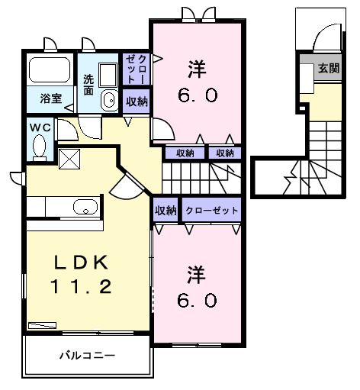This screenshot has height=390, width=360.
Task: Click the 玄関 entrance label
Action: pyautogui.click(x=329, y=68)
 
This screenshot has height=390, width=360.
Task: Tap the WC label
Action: pyautogui.click(x=40, y=127)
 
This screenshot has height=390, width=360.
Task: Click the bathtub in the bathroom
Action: pyautogui.click(x=50, y=69)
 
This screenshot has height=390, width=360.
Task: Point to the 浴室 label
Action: pyautogui.click(x=51, y=98)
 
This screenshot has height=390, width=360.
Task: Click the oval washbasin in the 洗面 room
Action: pyautogui.click(x=110, y=100)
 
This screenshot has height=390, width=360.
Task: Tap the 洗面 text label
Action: pyautogui.click(x=88, y=85)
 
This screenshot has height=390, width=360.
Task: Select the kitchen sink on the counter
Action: pyautogui.click(x=85, y=207)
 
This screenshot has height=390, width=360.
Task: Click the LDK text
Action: pyautogui.click(x=81, y=262)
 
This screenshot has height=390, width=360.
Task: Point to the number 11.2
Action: pyautogui.click(x=81, y=286)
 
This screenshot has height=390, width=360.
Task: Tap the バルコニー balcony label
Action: pyautogui.click(x=87, y=355)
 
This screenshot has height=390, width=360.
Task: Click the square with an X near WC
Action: pyautogui.click(x=69, y=160)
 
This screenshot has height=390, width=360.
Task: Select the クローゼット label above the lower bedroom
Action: pyautogui.click(x=211, y=211)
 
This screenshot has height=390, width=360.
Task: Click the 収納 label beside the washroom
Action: pyautogui.click(x=137, y=102)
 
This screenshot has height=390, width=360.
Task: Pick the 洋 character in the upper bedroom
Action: pyautogui.click(x=197, y=69)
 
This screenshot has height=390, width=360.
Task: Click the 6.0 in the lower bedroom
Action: pyautogui.click(x=197, y=301)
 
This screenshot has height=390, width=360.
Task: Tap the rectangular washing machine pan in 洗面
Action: pyautogui.click(x=108, y=75)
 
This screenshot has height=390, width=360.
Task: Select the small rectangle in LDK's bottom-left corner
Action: pyautogui.click(x=43, y=325)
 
